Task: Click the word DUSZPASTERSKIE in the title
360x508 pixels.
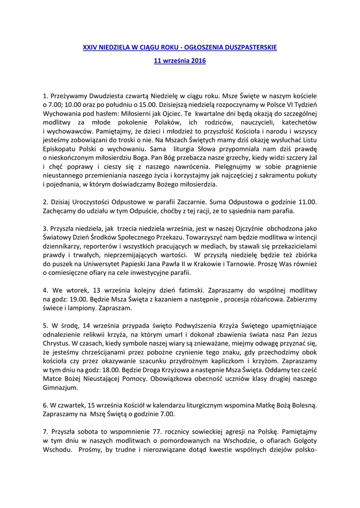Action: (249, 48)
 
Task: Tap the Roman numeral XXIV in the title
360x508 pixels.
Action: (89, 48)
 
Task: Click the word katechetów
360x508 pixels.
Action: (299, 122)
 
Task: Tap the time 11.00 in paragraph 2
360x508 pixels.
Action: (308, 202)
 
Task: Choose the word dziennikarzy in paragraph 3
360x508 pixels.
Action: (63, 247)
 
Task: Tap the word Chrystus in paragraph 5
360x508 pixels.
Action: (56, 343)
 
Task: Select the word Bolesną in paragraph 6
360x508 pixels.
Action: (302, 405)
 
